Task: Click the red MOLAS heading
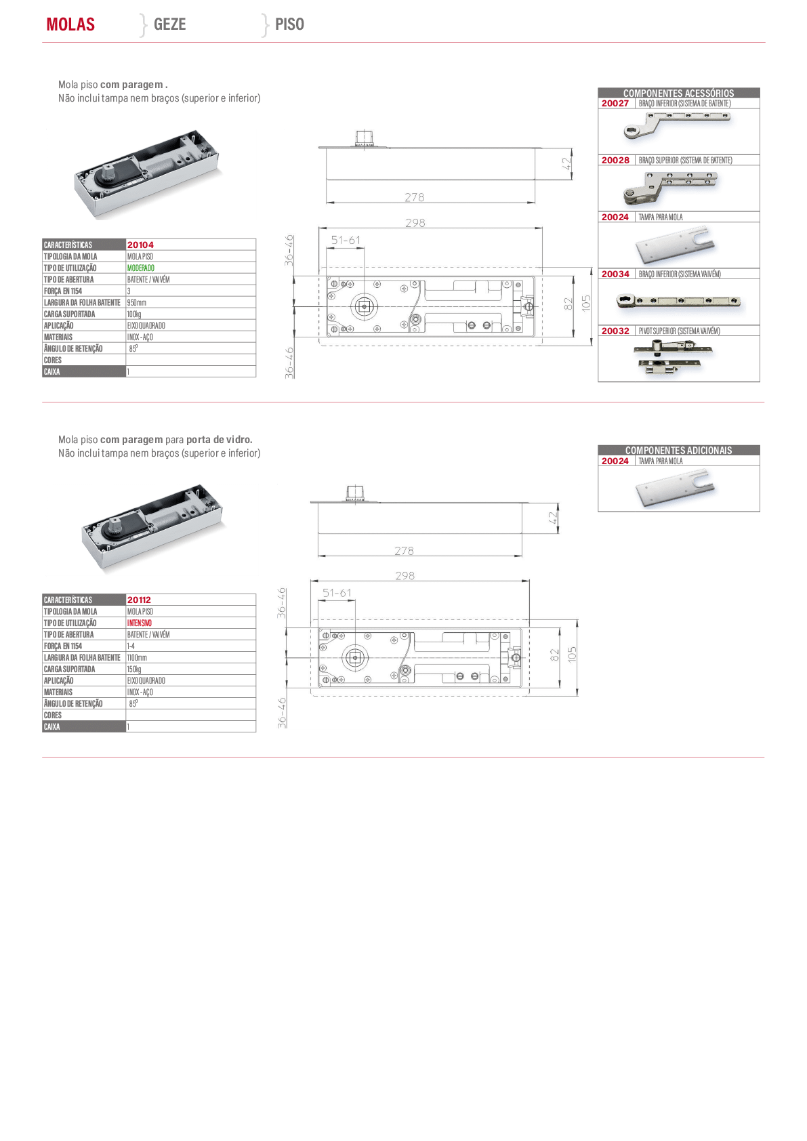point(70,24)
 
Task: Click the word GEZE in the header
point(169,24)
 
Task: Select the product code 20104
point(140,245)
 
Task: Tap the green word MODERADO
point(141,268)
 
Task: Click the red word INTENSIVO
point(139,623)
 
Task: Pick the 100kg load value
point(134,314)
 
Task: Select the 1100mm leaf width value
point(137,658)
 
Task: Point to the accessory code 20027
point(615,104)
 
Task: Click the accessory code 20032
point(615,331)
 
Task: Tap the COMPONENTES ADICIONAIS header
point(678,451)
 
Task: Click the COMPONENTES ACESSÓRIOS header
point(678,94)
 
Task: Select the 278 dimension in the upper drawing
point(414,197)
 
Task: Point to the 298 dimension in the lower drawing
point(405,576)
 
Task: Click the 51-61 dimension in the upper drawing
point(346,240)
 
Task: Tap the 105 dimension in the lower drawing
point(572,655)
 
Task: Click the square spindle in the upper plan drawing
point(365,306)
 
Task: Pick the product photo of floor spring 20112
point(152,526)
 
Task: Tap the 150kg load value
point(134,669)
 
